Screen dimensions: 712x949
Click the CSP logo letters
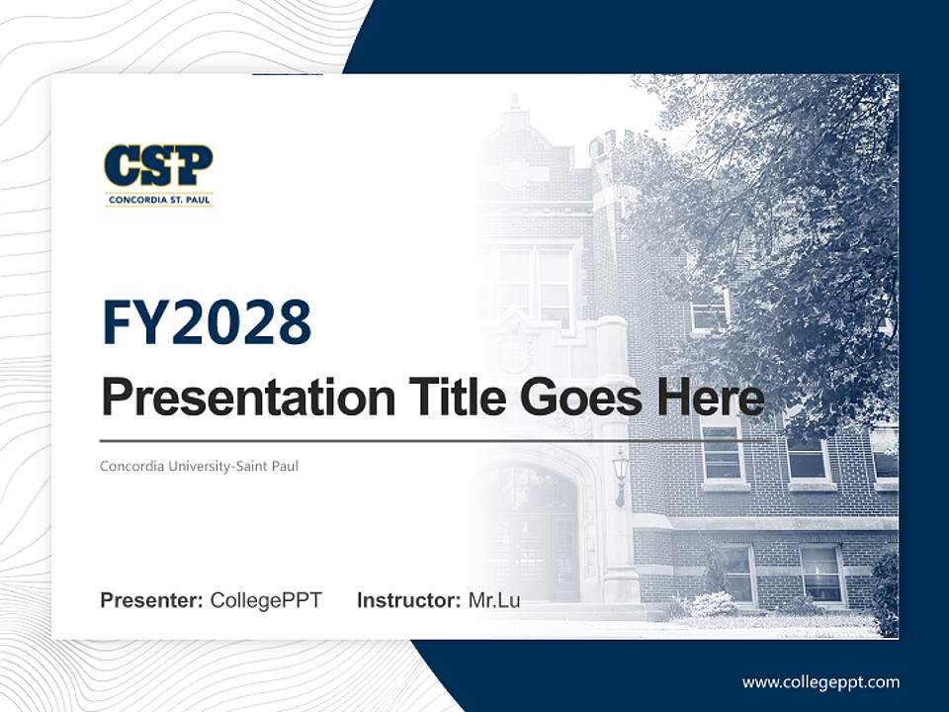coord(158,166)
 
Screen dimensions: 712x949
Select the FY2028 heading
coord(207,322)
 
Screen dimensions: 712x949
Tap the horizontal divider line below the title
coord(395,440)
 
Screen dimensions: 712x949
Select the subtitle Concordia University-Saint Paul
coord(199,466)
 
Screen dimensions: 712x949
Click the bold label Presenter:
coord(152,600)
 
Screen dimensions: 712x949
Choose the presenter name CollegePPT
coord(266,600)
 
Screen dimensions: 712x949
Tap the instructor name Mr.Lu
coord(494,600)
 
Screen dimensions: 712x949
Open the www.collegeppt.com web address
coord(820,682)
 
